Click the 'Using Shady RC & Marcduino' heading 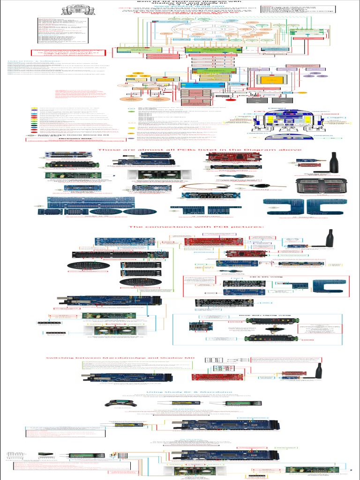point(189,391)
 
